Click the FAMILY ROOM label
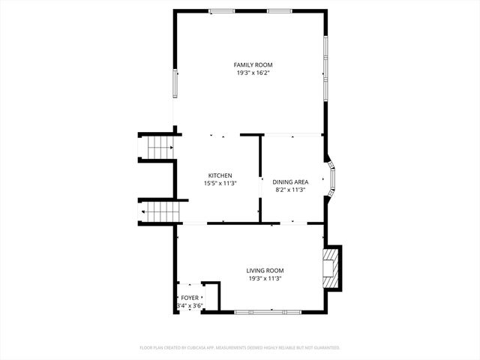click(250, 65)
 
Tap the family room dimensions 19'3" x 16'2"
click(250, 73)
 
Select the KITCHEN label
click(220, 175)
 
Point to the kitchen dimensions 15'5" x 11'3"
click(220, 183)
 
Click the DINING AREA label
click(290, 182)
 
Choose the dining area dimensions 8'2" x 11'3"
click(290, 190)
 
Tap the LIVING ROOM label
click(265, 271)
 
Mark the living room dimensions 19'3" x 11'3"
click(265, 278)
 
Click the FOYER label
click(190, 298)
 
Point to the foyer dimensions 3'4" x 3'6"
click(190, 306)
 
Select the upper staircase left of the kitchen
click(159, 148)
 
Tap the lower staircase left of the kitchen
click(161, 211)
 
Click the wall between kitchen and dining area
click(260, 178)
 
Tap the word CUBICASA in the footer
click(195, 348)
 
